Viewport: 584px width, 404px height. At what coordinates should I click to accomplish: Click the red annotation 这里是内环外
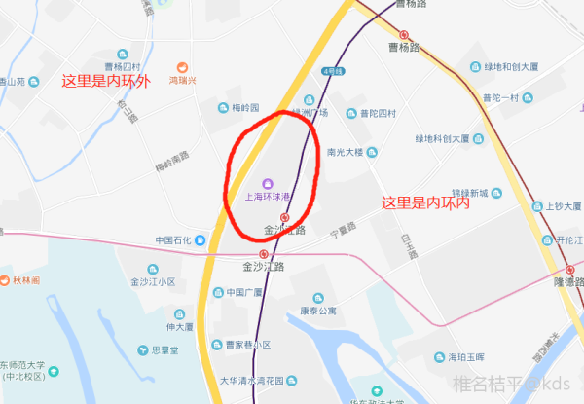coord(106,82)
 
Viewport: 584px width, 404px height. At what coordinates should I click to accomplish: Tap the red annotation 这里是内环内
coord(425,203)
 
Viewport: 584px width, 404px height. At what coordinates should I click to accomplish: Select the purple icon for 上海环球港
coord(268,183)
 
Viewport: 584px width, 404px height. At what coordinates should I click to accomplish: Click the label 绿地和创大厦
coord(514,67)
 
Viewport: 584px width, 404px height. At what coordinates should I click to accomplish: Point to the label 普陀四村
coord(378,113)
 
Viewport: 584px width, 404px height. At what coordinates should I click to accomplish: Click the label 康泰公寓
coord(317,312)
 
